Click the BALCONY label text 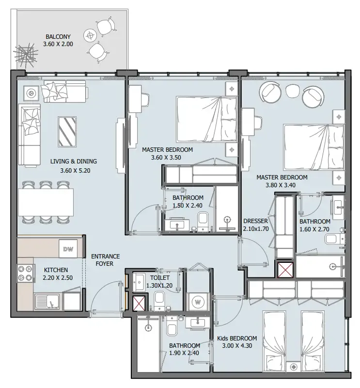[x=58, y=36]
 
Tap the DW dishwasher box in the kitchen [x=68, y=249]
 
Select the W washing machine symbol [x=198, y=302]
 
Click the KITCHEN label [x=56, y=270]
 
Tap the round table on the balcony [x=90, y=34]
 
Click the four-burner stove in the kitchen [x=26, y=273]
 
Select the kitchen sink [x=48, y=301]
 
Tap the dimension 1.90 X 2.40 [x=185, y=353]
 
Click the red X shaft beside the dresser [x=284, y=270]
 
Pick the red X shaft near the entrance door [x=139, y=303]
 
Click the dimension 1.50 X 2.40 [x=188, y=206]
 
